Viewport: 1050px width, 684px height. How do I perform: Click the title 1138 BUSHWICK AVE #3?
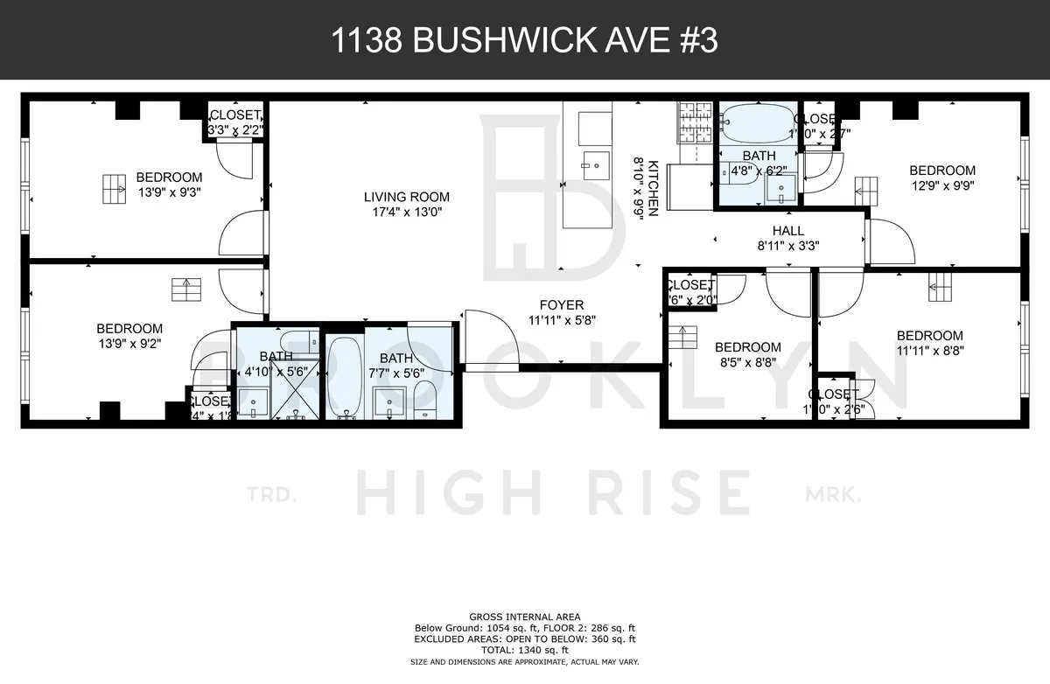click(525, 41)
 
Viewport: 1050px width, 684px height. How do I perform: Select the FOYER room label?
click(562, 305)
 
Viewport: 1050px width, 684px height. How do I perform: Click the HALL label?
click(788, 231)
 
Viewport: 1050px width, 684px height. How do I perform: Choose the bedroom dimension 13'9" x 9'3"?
click(168, 192)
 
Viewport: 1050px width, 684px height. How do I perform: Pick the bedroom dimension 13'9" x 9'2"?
click(129, 344)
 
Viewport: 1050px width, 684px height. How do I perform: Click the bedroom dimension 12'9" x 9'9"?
click(941, 185)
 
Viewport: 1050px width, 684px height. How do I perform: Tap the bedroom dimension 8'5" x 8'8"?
click(748, 363)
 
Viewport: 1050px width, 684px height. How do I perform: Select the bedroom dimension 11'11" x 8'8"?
click(929, 351)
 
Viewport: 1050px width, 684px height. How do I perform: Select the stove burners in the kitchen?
click(696, 123)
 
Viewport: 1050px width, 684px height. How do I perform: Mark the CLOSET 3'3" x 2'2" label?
click(234, 122)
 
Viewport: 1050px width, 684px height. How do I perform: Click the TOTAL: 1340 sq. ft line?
click(525, 650)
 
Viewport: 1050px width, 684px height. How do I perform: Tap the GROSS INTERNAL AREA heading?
click(525, 617)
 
